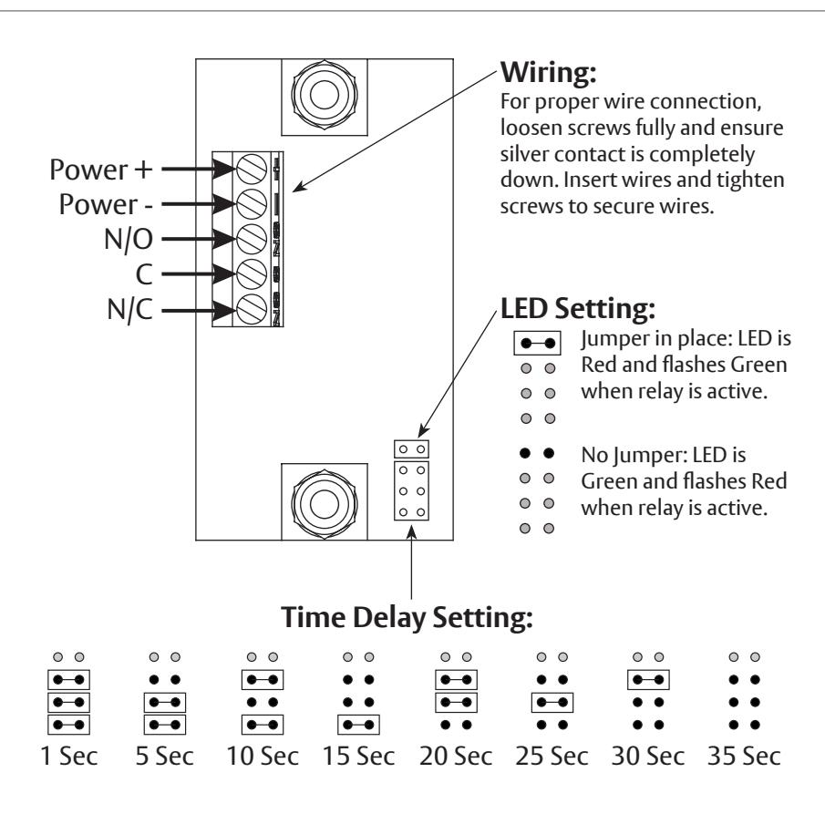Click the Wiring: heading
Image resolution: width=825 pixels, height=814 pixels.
[x=548, y=72]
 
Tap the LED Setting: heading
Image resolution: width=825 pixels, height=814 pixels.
[x=578, y=308]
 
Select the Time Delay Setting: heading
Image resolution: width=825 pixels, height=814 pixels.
[x=407, y=617]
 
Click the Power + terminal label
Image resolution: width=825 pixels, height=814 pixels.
[x=101, y=170]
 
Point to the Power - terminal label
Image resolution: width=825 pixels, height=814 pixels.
[x=106, y=204]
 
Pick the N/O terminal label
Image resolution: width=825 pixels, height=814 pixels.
[x=129, y=239]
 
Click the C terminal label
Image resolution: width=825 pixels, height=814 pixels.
[x=144, y=274]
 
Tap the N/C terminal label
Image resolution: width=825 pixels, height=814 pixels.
[x=129, y=309]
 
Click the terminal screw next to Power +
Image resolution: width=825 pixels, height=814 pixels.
[x=252, y=169]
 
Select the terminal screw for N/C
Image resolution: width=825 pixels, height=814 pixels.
[x=252, y=309]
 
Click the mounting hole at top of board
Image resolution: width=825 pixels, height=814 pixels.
[x=325, y=96]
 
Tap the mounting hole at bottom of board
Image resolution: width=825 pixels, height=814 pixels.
[x=325, y=503]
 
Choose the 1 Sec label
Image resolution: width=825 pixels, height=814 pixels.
[x=69, y=757]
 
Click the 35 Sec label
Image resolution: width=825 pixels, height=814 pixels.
[x=744, y=757]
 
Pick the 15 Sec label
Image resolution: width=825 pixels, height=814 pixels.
[x=358, y=757]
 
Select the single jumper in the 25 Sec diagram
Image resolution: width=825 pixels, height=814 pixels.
[x=552, y=703]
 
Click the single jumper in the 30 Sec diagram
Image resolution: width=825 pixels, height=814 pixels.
[x=648, y=680]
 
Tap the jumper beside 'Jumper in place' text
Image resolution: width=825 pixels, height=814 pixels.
[x=537, y=344]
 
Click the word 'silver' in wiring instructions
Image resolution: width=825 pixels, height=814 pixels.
[x=524, y=154]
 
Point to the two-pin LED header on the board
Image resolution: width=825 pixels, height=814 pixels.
[x=411, y=449]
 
